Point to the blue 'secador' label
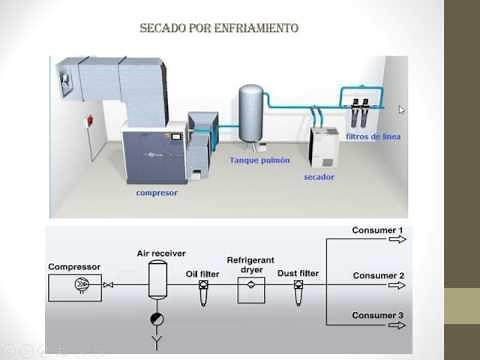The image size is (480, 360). [x=319, y=177]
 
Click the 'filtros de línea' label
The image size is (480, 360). [x=373, y=136]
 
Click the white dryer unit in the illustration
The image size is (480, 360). [x=323, y=148]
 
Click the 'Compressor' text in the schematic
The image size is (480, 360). [x=75, y=267]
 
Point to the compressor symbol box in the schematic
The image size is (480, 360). [x=80, y=285]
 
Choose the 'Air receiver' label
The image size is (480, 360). [x=161, y=254]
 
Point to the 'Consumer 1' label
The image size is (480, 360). [x=377, y=231]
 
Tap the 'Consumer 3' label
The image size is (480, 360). [x=377, y=316]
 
